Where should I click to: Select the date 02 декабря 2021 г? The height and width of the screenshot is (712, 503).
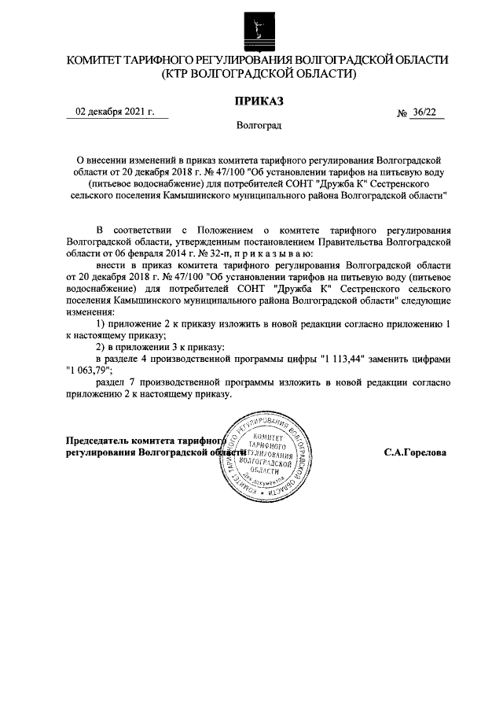point(109,112)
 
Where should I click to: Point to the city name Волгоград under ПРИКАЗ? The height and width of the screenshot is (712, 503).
point(259,125)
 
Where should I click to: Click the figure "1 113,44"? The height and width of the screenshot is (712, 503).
point(345,359)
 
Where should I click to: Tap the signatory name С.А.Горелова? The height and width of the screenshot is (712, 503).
point(415,453)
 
